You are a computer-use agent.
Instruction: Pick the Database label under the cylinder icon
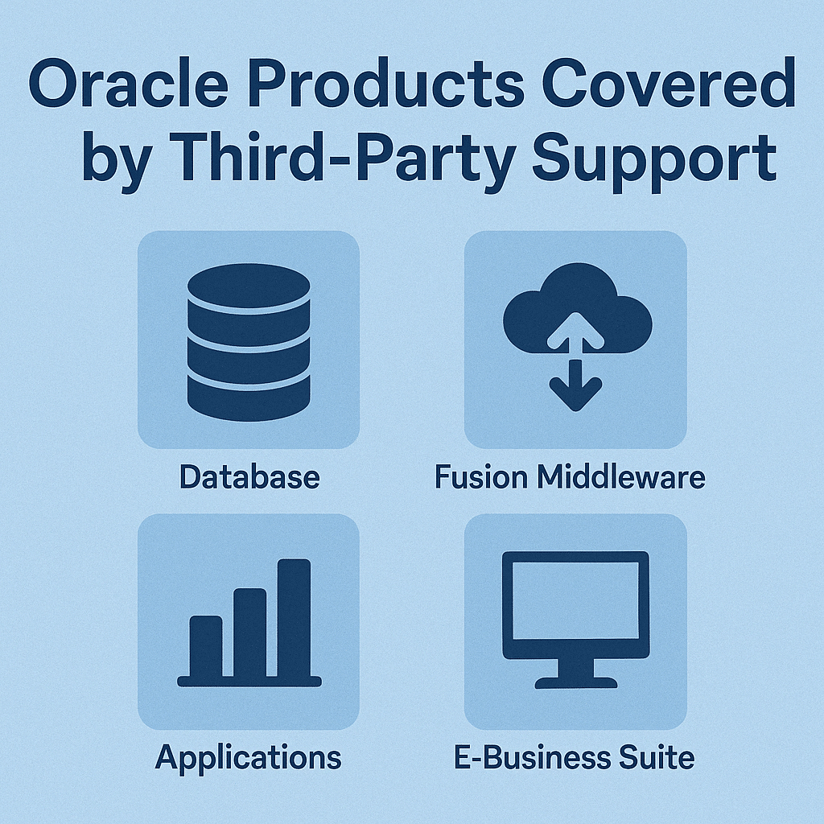point(249,477)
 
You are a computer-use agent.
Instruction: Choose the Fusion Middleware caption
point(570,477)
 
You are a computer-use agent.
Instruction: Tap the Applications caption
point(248,758)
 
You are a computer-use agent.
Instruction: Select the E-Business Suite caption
point(575,758)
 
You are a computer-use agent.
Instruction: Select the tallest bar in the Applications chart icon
point(294,618)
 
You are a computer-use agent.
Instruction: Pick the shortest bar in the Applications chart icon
point(205,646)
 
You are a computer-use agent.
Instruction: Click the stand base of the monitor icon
point(576,682)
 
